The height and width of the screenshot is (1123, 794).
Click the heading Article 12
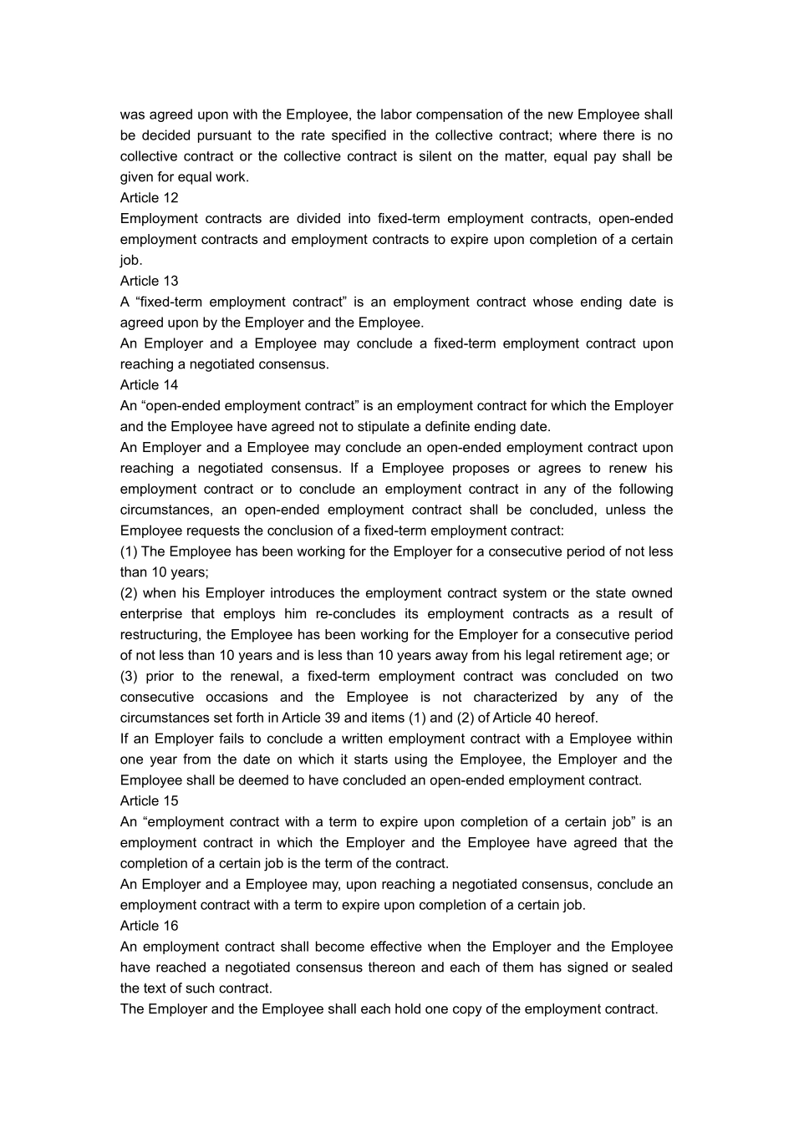pos(149,198)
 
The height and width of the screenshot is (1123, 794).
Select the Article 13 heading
pos(149,281)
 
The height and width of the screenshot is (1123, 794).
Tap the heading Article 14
pos(149,385)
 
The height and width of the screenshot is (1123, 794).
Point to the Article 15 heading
pos(149,801)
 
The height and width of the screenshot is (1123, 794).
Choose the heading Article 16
pos(149,926)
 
